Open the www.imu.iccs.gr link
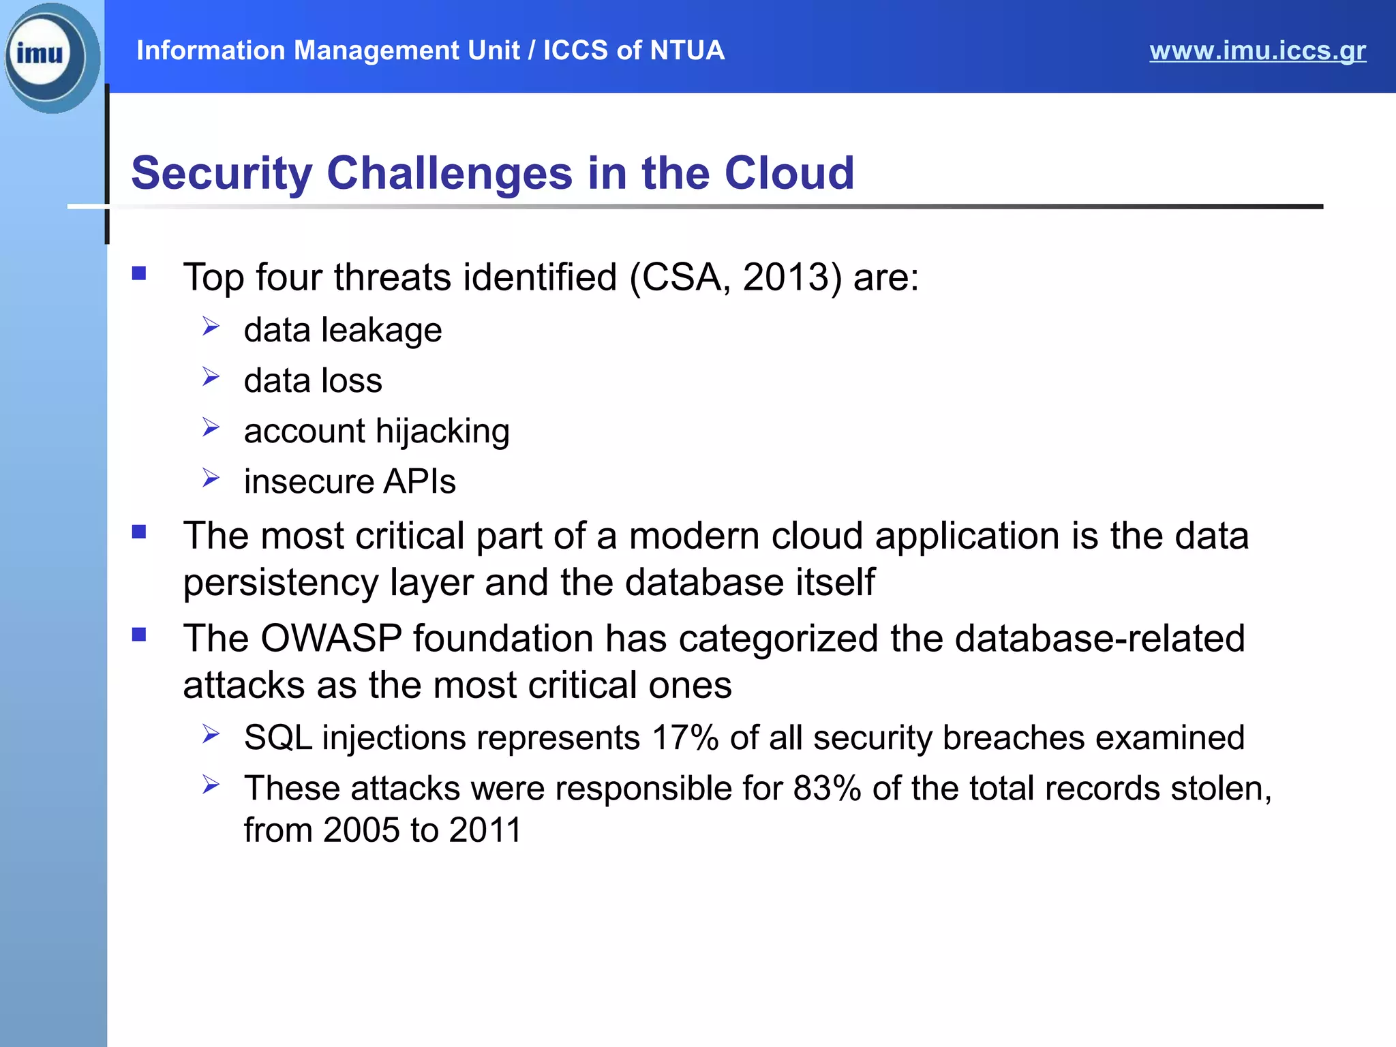(1257, 51)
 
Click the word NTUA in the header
(686, 50)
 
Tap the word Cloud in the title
(789, 173)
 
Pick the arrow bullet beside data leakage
(211, 327)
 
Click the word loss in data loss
(352, 380)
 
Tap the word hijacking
(442, 431)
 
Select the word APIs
(419, 482)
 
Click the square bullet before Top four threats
(140, 274)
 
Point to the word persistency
(280, 583)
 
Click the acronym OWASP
(331, 639)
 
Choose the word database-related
(1099, 639)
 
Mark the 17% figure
(684, 738)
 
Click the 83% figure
(827, 789)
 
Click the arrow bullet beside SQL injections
(211, 735)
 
